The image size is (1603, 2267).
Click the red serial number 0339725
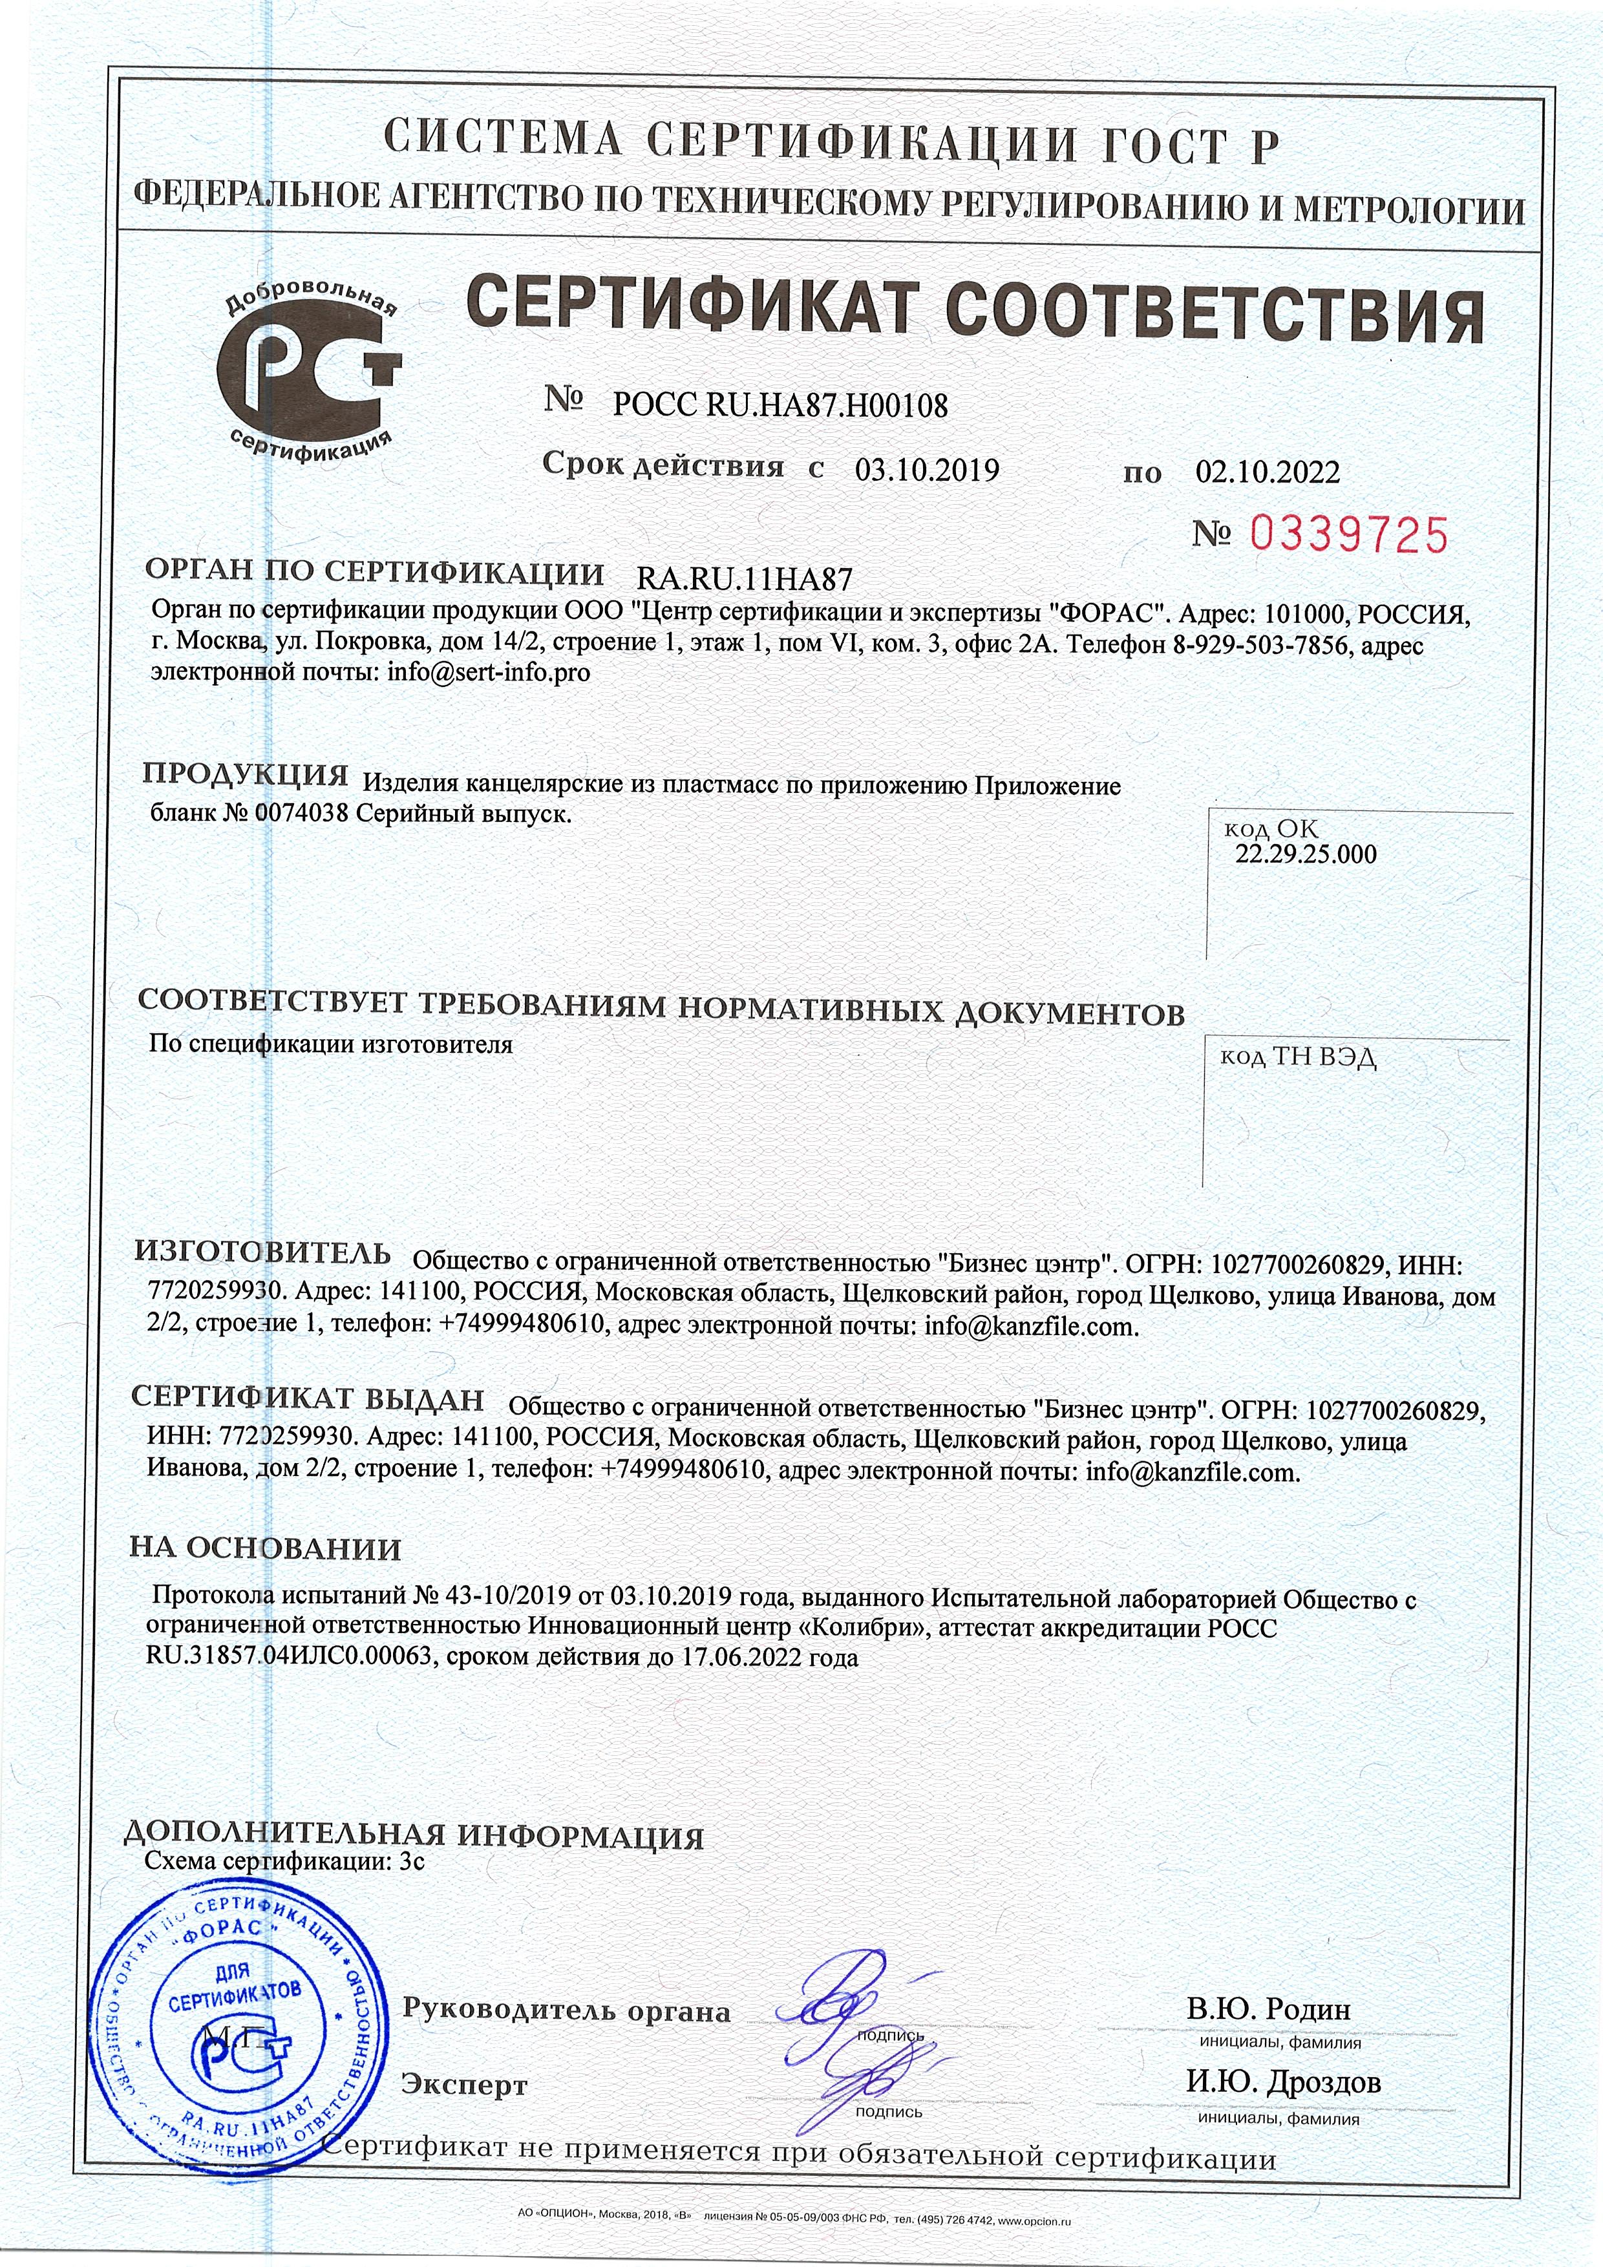pos(1348,535)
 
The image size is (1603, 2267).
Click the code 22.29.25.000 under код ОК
pos(1305,854)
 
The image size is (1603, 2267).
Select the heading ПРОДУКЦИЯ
pos(246,774)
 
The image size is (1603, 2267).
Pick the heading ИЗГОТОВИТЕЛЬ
pos(262,1253)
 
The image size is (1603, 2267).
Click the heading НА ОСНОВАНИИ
pos(266,1548)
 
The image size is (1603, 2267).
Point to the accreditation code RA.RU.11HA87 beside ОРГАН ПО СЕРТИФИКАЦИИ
pos(745,578)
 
